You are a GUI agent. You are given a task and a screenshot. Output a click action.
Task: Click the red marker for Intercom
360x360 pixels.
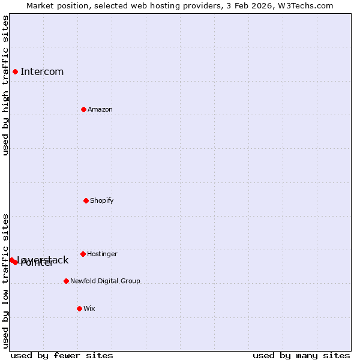click(x=15, y=72)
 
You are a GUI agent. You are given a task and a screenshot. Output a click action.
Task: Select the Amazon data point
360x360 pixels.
click(x=83, y=109)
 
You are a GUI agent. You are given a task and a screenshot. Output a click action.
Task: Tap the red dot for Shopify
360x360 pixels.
click(x=86, y=200)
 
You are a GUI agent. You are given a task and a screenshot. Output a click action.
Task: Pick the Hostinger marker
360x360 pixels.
click(x=83, y=254)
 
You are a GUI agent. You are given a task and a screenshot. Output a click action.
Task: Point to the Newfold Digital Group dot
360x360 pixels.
click(x=66, y=281)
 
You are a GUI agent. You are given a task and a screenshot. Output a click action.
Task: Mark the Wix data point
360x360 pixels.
click(x=79, y=308)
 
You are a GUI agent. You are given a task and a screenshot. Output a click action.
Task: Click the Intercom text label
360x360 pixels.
click(x=42, y=72)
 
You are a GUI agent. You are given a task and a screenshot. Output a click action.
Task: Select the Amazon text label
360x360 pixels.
click(x=100, y=109)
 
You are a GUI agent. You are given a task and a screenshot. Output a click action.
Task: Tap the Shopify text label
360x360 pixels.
click(x=102, y=200)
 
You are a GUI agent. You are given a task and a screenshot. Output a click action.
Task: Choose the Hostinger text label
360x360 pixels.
click(x=103, y=254)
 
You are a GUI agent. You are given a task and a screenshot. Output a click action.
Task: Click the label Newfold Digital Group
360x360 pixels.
click(x=105, y=281)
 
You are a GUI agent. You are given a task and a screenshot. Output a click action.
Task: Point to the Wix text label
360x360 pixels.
click(x=89, y=308)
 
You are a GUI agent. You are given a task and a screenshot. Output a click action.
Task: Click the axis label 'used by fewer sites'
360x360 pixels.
click(x=62, y=355)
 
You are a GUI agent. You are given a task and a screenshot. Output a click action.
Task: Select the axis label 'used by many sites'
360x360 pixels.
click(x=301, y=355)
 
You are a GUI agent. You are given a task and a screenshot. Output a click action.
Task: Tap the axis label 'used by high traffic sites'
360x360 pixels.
click(x=5, y=86)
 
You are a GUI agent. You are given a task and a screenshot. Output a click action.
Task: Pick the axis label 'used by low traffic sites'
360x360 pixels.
click(x=5, y=281)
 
